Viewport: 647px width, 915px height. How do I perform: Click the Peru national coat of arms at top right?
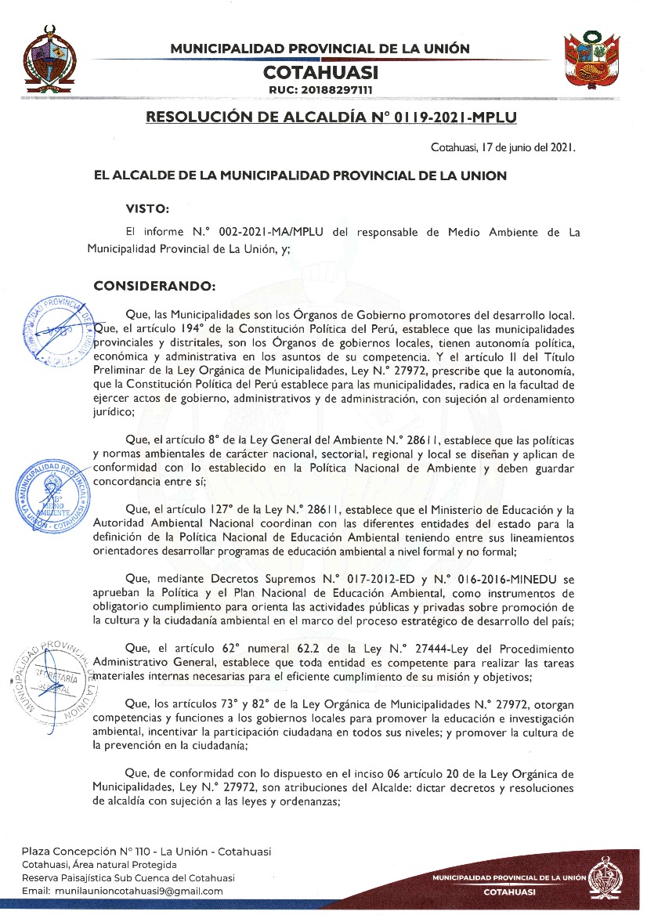coord(592,61)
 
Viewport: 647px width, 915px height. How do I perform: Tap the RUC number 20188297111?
coord(320,91)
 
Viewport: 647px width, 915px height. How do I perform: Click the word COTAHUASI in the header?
coord(320,73)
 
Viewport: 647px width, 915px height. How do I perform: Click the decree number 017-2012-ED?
coord(363,580)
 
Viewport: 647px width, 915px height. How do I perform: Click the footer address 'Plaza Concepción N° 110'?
coord(78,852)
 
